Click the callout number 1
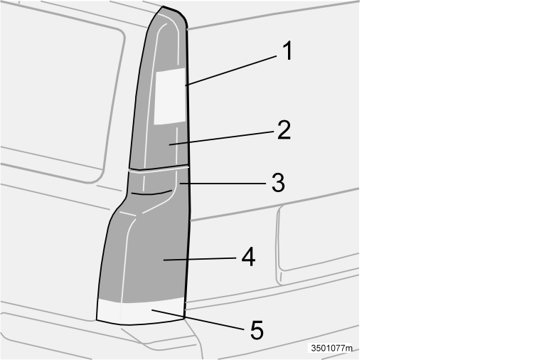[x=288, y=51]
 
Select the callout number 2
[x=284, y=130]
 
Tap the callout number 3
[x=278, y=183]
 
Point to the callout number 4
[x=249, y=257]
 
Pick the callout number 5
[x=257, y=330]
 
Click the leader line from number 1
[x=231, y=70]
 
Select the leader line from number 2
[x=221, y=138]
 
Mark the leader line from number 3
[x=223, y=184]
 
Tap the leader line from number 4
[x=199, y=259]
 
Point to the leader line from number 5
[x=198, y=319]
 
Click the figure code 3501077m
[x=331, y=348]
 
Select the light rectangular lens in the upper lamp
[x=169, y=96]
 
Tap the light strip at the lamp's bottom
[x=141, y=312]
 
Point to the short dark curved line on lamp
[x=151, y=193]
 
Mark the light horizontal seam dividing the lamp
[x=159, y=169]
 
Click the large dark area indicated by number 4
[x=151, y=255]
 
